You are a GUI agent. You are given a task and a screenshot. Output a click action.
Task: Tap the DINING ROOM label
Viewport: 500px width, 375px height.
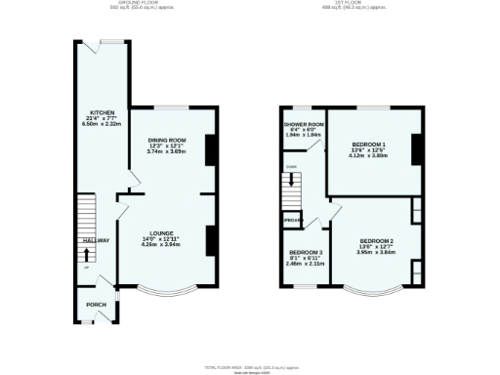(167, 140)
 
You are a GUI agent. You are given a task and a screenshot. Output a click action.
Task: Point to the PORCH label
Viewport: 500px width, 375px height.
(97, 304)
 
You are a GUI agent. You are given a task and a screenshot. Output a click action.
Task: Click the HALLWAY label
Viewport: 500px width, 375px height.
(95, 239)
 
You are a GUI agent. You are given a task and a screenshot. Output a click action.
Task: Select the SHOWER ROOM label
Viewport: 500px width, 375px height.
(304, 125)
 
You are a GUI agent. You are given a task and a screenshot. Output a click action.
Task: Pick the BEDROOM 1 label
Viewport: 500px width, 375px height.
(369, 145)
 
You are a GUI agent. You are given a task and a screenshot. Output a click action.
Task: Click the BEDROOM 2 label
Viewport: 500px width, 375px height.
(376, 240)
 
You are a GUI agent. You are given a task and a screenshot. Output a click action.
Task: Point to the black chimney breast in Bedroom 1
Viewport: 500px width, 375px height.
(417, 149)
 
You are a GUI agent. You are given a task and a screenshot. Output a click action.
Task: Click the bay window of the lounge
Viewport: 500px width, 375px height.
(166, 291)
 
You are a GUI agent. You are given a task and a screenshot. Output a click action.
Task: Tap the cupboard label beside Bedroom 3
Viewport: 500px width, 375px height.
(292, 222)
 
